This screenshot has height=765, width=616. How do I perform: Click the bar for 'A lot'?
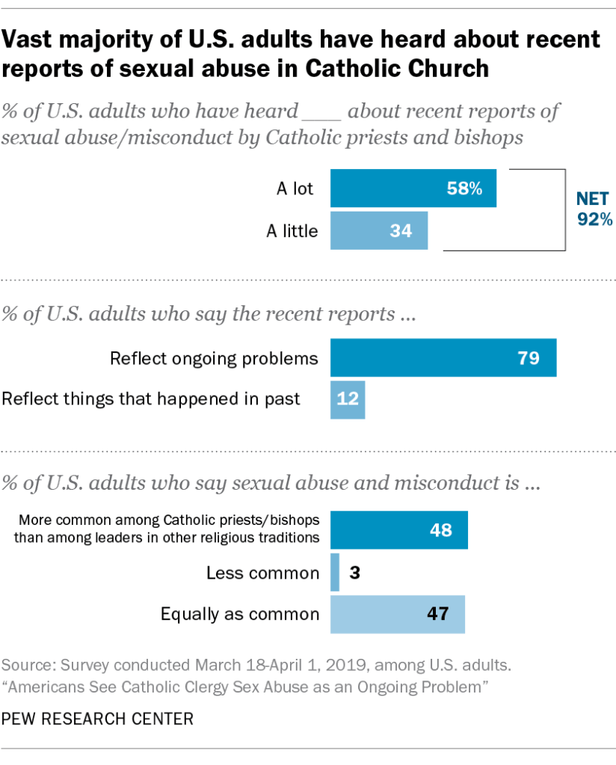tap(413, 189)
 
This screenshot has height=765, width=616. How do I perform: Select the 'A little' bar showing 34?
tap(379, 230)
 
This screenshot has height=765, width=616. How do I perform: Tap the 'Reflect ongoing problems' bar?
tap(443, 357)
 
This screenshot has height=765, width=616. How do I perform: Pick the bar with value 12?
tap(348, 399)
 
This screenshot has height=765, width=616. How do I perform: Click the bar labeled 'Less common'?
tap(335, 573)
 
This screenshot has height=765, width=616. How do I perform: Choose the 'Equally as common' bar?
tap(398, 615)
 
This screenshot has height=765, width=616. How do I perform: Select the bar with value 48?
tap(399, 530)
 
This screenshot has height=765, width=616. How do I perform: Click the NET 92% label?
tap(594, 209)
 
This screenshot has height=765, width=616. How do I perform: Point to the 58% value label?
tap(464, 189)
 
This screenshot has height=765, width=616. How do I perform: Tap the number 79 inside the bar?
tap(529, 357)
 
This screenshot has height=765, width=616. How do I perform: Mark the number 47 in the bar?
tap(437, 615)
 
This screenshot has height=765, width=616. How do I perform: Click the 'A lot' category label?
tap(295, 189)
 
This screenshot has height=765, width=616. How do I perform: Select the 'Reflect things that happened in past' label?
tap(151, 399)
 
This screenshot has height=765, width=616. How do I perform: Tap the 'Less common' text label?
tap(262, 573)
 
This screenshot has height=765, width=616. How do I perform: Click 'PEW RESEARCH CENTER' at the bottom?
tap(98, 719)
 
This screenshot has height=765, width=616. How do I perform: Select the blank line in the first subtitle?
tap(321, 113)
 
